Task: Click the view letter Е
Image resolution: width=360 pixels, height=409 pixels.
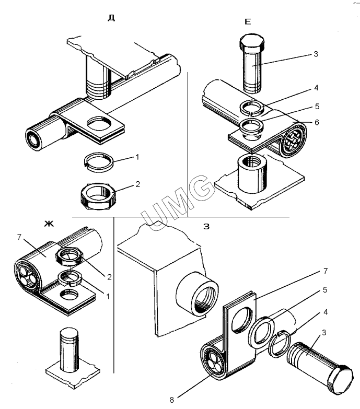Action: pos(248,21)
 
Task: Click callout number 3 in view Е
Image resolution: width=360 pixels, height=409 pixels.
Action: pos(315,54)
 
